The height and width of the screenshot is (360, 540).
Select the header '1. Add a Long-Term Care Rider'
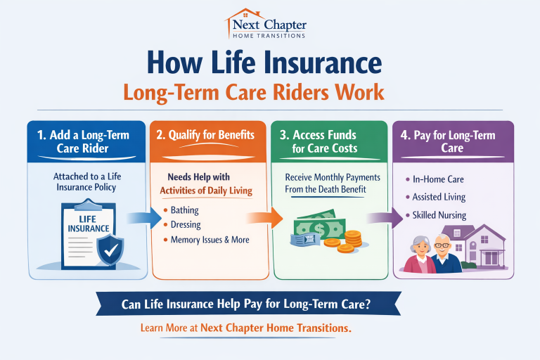(x=84, y=141)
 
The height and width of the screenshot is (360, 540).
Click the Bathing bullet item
(x=184, y=210)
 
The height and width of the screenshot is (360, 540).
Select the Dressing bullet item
(x=186, y=225)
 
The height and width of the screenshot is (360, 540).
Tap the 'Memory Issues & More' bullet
(x=210, y=240)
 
